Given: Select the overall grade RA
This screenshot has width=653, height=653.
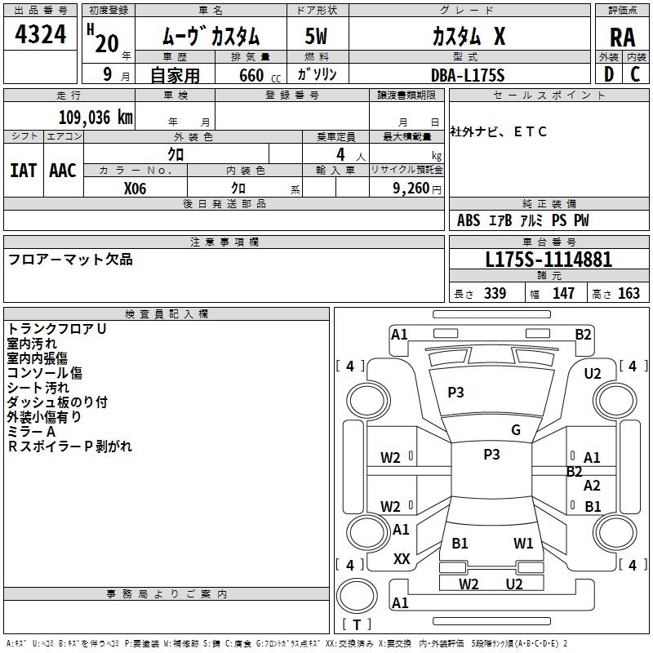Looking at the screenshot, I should [622, 38].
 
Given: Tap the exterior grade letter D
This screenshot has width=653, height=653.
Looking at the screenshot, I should [608, 74].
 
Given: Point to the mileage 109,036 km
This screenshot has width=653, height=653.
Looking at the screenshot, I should [96, 117].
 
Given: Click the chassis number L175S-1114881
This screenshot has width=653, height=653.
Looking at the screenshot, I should [549, 260].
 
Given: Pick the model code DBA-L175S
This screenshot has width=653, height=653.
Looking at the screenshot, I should [469, 75].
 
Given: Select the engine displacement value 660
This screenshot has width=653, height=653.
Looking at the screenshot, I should [251, 75].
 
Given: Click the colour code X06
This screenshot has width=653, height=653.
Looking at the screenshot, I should [135, 188].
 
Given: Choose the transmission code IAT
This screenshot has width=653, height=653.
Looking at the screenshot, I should [23, 171].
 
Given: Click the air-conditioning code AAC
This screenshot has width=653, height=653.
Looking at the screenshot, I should [63, 171].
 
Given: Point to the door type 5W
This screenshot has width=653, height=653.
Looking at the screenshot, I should [318, 38].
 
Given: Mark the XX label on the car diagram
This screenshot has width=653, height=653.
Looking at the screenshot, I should [402, 559].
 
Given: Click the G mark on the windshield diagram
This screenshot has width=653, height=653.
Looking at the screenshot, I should [516, 430].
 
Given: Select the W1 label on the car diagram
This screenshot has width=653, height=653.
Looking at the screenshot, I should [523, 543].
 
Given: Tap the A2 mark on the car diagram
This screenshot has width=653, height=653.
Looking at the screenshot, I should [593, 486].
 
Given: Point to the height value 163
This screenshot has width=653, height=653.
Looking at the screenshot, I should [629, 294].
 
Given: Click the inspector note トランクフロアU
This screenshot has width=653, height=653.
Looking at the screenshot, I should [57, 328].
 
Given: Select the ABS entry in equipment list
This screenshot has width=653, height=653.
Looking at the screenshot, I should [469, 220].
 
